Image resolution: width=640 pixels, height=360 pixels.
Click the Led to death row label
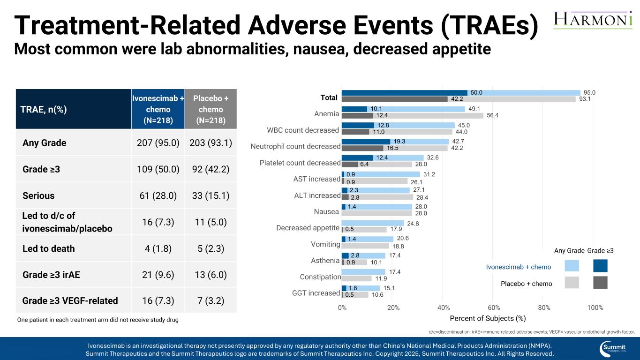[49, 248]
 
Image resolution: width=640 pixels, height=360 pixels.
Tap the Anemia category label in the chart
[326, 114]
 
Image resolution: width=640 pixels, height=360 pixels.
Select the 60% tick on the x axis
[494, 307]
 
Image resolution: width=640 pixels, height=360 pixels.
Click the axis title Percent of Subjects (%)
[488, 318]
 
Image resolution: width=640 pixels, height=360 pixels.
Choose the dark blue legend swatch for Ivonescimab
[600, 266]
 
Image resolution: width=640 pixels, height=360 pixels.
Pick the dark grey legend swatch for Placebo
[600, 282]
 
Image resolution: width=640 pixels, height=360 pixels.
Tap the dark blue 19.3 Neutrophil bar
[366, 142]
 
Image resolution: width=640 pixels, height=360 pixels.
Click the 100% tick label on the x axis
[595, 307]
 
